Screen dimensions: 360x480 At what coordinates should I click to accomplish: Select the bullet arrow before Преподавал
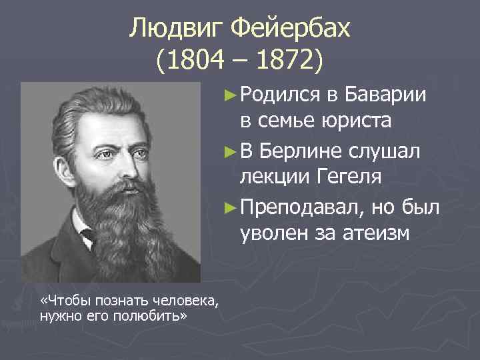click(230, 207)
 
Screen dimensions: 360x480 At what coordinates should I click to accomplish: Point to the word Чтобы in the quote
click(67, 301)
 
